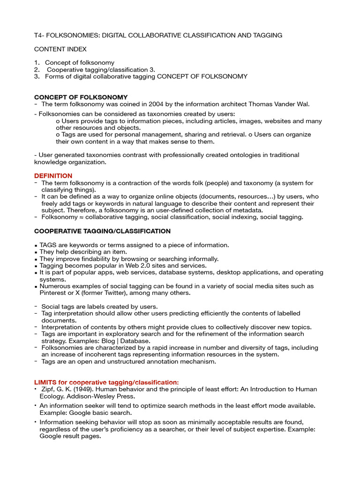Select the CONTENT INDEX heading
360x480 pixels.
tap(60, 49)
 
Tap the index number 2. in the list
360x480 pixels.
tap(37, 69)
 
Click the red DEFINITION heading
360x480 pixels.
tap(53, 176)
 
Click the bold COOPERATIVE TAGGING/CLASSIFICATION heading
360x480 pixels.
tap(102, 231)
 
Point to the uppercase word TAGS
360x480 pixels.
tap(48, 245)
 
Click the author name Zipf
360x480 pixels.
tap(47, 389)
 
